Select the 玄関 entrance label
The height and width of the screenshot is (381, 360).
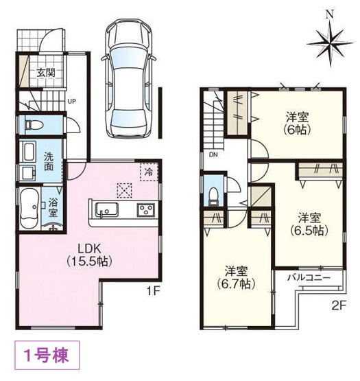click(x=45, y=73)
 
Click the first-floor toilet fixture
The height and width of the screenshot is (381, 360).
click(x=36, y=125)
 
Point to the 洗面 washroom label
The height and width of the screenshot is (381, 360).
click(x=51, y=161)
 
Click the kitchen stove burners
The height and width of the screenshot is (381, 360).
click(x=146, y=210)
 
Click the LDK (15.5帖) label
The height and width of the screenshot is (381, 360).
click(x=88, y=255)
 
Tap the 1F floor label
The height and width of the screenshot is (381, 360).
click(x=152, y=291)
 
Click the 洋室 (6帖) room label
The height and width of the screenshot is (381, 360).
click(x=296, y=122)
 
